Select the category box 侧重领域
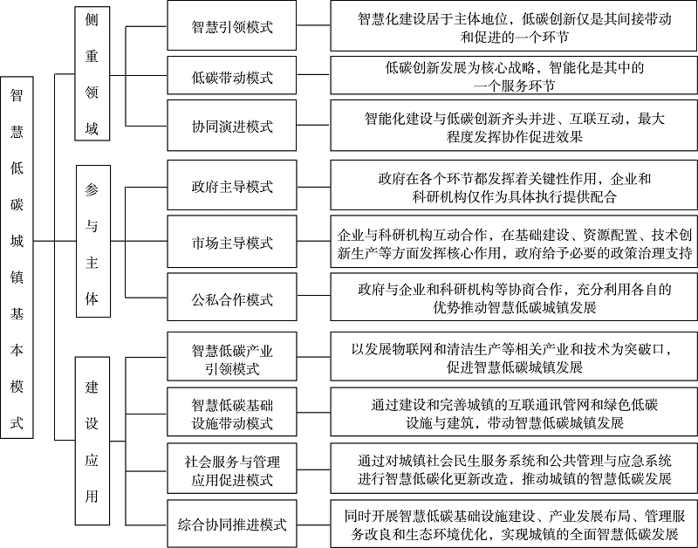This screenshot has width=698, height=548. coord(92,74)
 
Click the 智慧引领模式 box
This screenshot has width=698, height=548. coord(232,26)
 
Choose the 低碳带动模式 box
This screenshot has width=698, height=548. coord(232,77)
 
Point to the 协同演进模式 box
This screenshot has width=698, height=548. coord(232,126)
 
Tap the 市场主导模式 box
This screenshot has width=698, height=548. coord(232,242)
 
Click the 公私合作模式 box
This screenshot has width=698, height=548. coord(232,299)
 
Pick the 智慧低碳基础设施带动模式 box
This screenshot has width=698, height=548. coord(232,414)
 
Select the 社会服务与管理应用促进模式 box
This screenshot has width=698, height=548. coord(232,469)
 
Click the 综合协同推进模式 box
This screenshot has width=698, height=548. coord(232,524)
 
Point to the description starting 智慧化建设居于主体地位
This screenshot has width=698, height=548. coord(515,26)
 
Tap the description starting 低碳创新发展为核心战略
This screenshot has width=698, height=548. coord(515,77)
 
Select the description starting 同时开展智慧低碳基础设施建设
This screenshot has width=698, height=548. coord(515,524)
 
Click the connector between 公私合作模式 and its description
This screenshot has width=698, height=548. coord(316,299)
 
